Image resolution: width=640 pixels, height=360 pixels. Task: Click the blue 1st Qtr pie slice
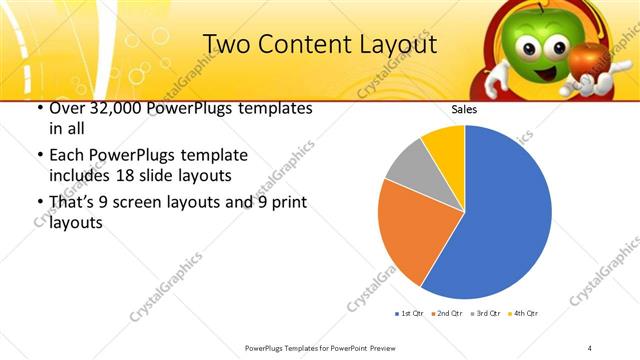pos(500,220)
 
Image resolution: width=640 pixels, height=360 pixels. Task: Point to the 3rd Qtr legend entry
pos(484,314)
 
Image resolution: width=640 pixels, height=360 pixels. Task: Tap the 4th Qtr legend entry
pos(523,314)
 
